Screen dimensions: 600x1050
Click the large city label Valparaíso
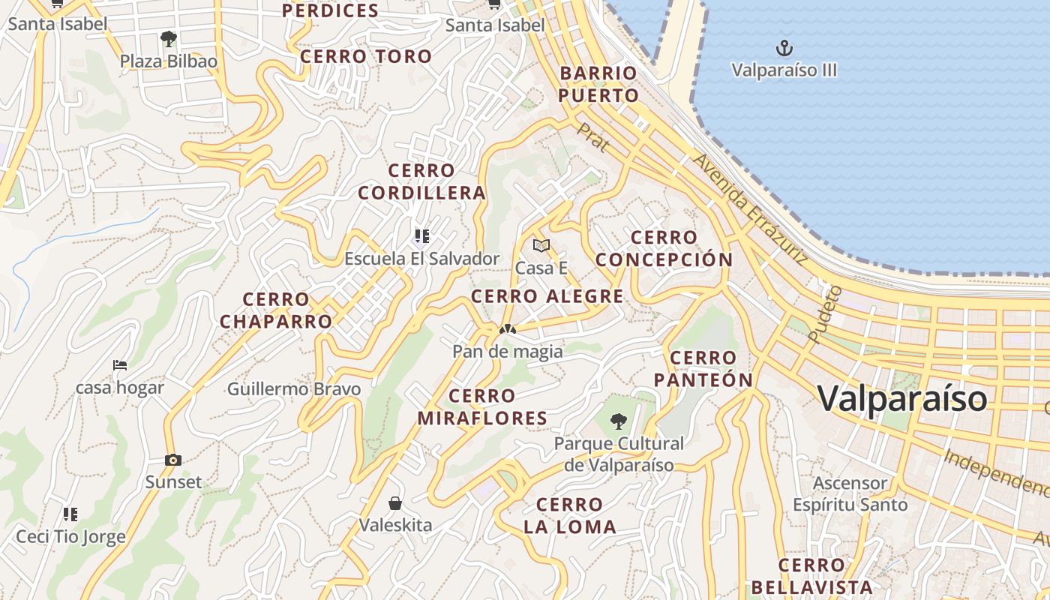[902, 397]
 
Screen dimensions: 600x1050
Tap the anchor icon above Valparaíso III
[784, 49]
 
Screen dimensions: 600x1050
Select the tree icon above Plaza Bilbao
[169, 38]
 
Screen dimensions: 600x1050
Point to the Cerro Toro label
[366, 56]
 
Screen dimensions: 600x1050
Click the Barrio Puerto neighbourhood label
[598, 84]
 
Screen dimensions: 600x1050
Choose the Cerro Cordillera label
[421, 181]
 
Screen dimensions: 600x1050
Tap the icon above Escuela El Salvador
[421, 237]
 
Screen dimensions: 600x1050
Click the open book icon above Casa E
[541, 245]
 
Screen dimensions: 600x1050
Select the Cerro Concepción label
[664, 248]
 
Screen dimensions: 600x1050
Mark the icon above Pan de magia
[508, 328]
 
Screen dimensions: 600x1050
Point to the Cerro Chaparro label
[276, 310]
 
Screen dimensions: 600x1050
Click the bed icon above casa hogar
[120, 365]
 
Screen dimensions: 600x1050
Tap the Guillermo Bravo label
[294, 389]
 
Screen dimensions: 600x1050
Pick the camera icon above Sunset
[173, 460]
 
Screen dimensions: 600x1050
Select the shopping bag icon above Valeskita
[395, 502]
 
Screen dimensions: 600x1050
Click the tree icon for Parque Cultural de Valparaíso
[618, 421]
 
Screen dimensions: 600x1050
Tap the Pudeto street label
[823, 315]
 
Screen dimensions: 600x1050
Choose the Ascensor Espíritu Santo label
[850, 493]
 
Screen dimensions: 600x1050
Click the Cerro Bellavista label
[811, 576]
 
